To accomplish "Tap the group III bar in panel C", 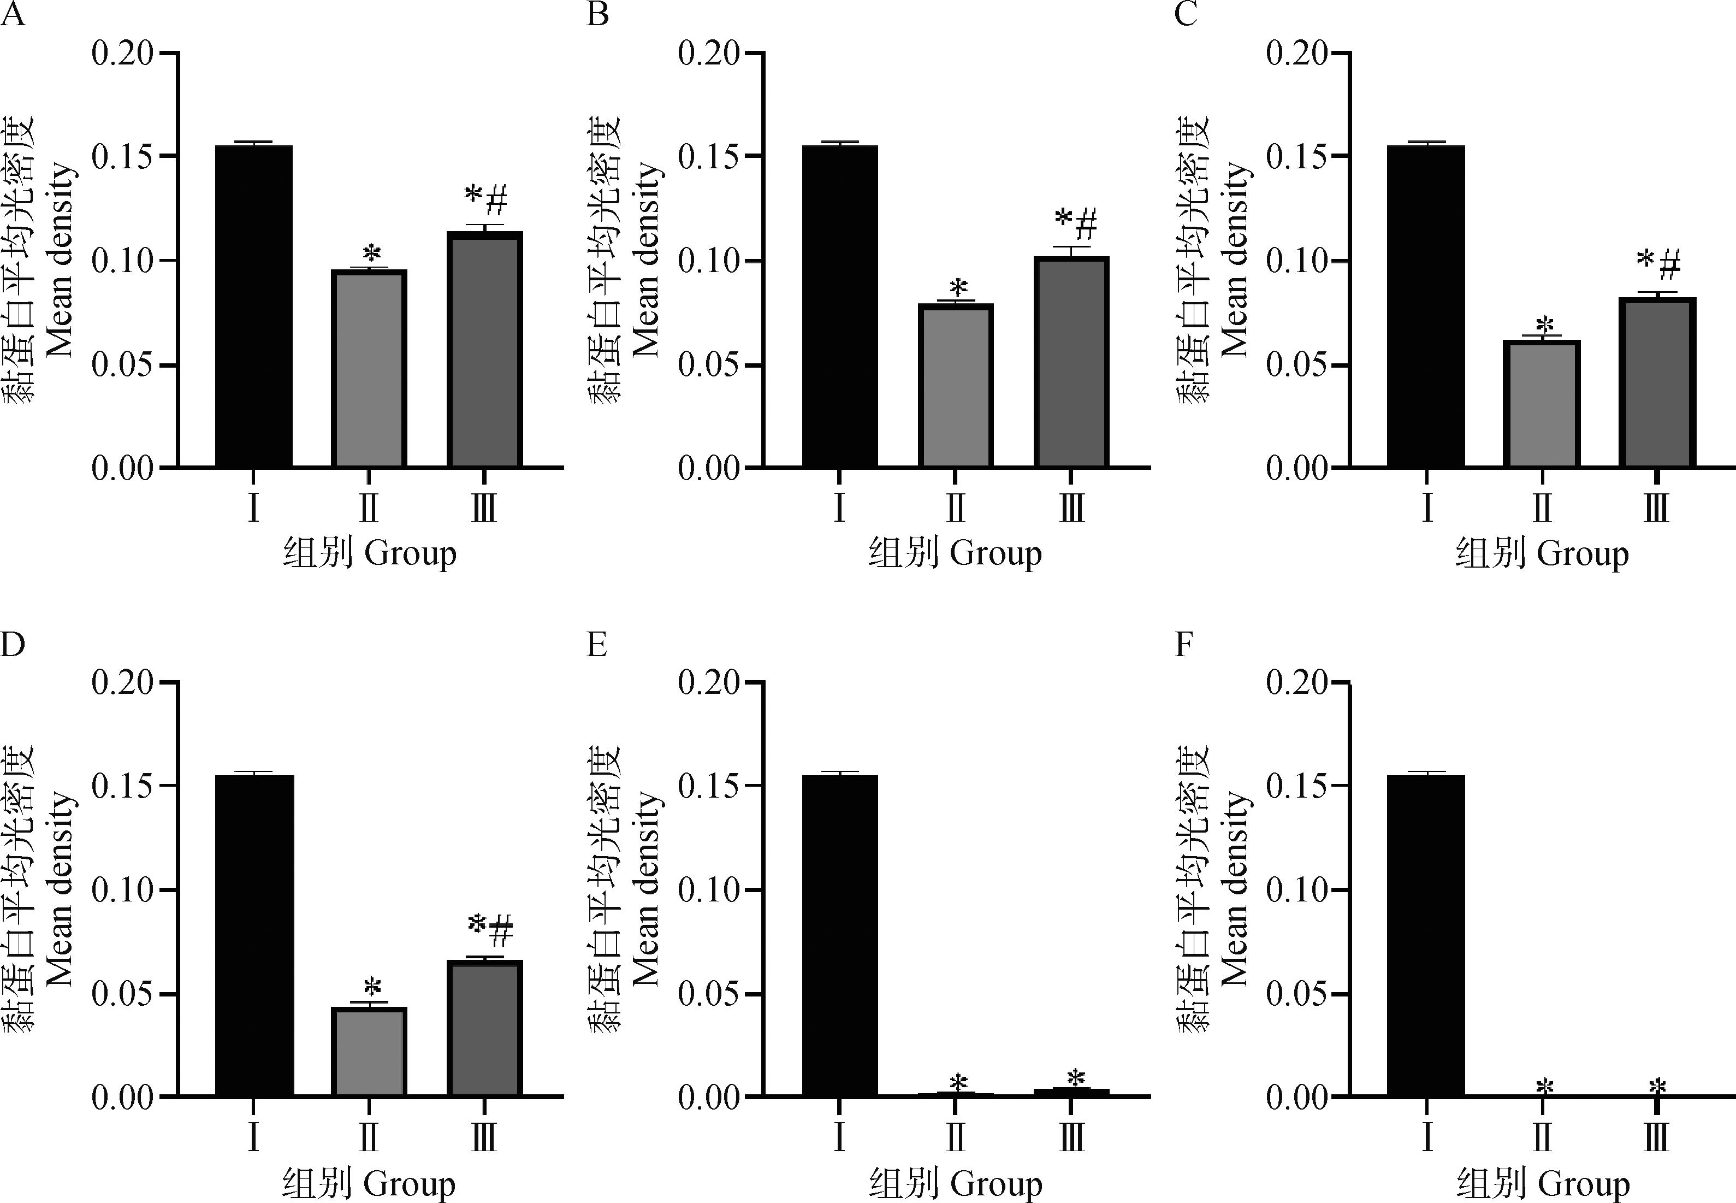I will (1656, 382).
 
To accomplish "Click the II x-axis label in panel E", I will (956, 1137).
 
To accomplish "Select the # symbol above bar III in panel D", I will (501, 931).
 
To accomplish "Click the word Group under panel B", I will (996, 554).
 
